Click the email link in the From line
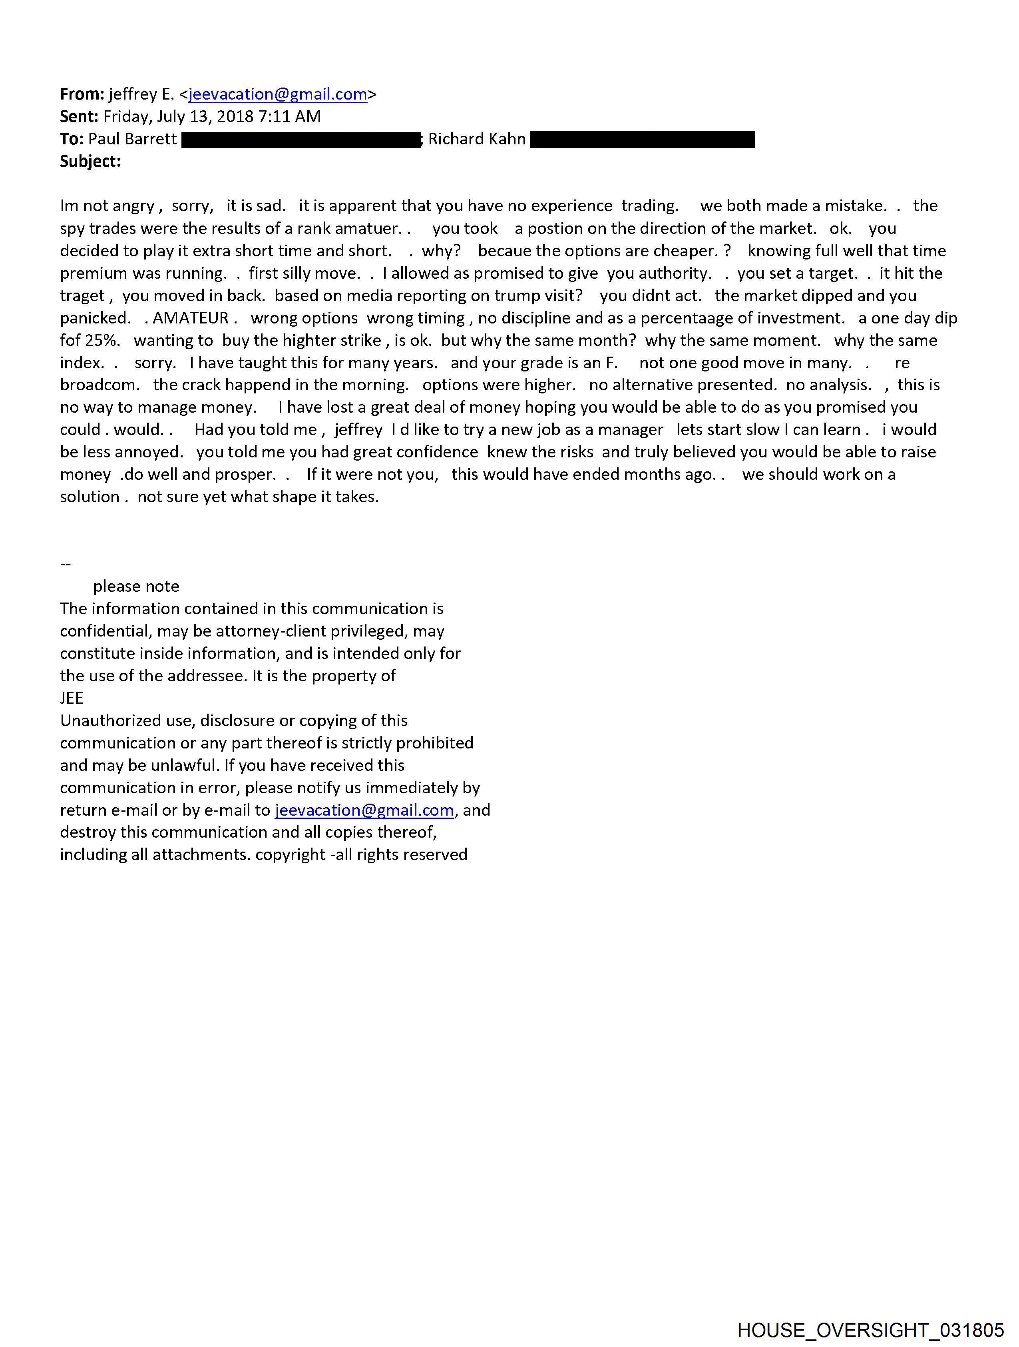(278, 94)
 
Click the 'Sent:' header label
(79, 116)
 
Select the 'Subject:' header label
(90, 162)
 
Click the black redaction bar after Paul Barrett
(301, 140)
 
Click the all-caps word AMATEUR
(191, 318)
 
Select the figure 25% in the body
(100, 340)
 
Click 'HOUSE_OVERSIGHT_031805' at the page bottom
(870, 1330)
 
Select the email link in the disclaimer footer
(364, 810)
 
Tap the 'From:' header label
(82, 94)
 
